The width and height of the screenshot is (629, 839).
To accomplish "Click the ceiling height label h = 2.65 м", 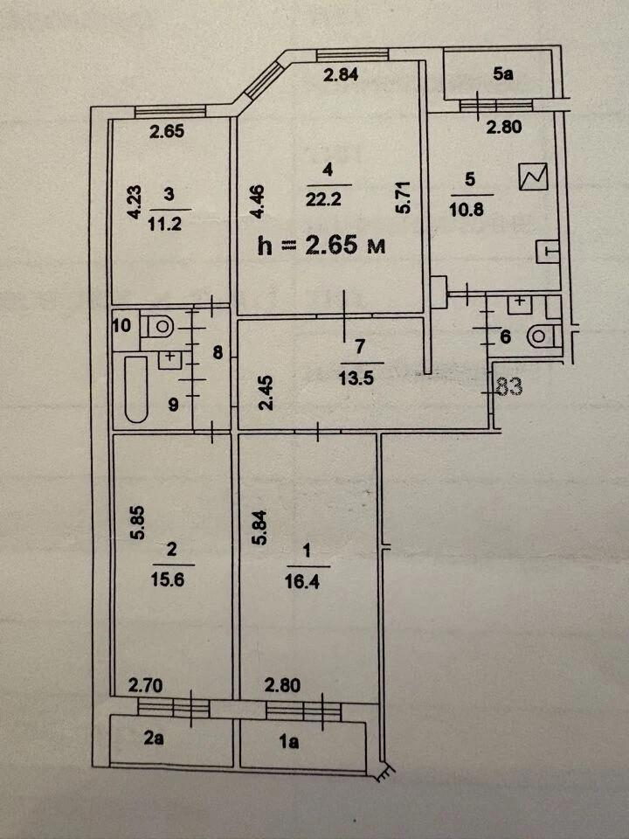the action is [x=321, y=246].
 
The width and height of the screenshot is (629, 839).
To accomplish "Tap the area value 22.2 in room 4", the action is [x=323, y=199].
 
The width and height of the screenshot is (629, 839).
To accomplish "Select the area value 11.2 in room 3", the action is [x=165, y=224].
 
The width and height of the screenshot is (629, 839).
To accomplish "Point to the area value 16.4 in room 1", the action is [x=302, y=581].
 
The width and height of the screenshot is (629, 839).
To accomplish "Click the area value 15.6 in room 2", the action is [x=168, y=579].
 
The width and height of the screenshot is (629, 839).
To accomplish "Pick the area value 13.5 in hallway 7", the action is [x=356, y=378].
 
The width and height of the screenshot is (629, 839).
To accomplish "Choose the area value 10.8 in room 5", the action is [x=467, y=209].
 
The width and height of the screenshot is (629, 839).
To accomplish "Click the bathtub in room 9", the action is [x=136, y=389].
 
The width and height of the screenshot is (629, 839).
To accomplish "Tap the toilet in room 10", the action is [x=157, y=325].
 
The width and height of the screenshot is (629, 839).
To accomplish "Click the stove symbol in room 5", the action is [x=534, y=177].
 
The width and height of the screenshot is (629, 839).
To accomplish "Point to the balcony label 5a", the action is [x=503, y=73].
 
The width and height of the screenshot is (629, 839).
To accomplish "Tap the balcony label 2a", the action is [x=154, y=738].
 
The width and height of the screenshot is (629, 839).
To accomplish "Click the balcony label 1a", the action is [x=289, y=742].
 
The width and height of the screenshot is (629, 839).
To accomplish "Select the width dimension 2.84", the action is [x=341, y=74].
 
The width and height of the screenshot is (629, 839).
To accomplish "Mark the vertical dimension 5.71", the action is [x=404, y=198].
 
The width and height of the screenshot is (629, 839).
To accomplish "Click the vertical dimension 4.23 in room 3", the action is [x=135, y=202].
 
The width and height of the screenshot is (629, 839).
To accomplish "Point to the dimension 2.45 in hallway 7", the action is [x=266, y=392].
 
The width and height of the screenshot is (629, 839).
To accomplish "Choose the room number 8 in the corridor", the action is [x=218, y=352].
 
